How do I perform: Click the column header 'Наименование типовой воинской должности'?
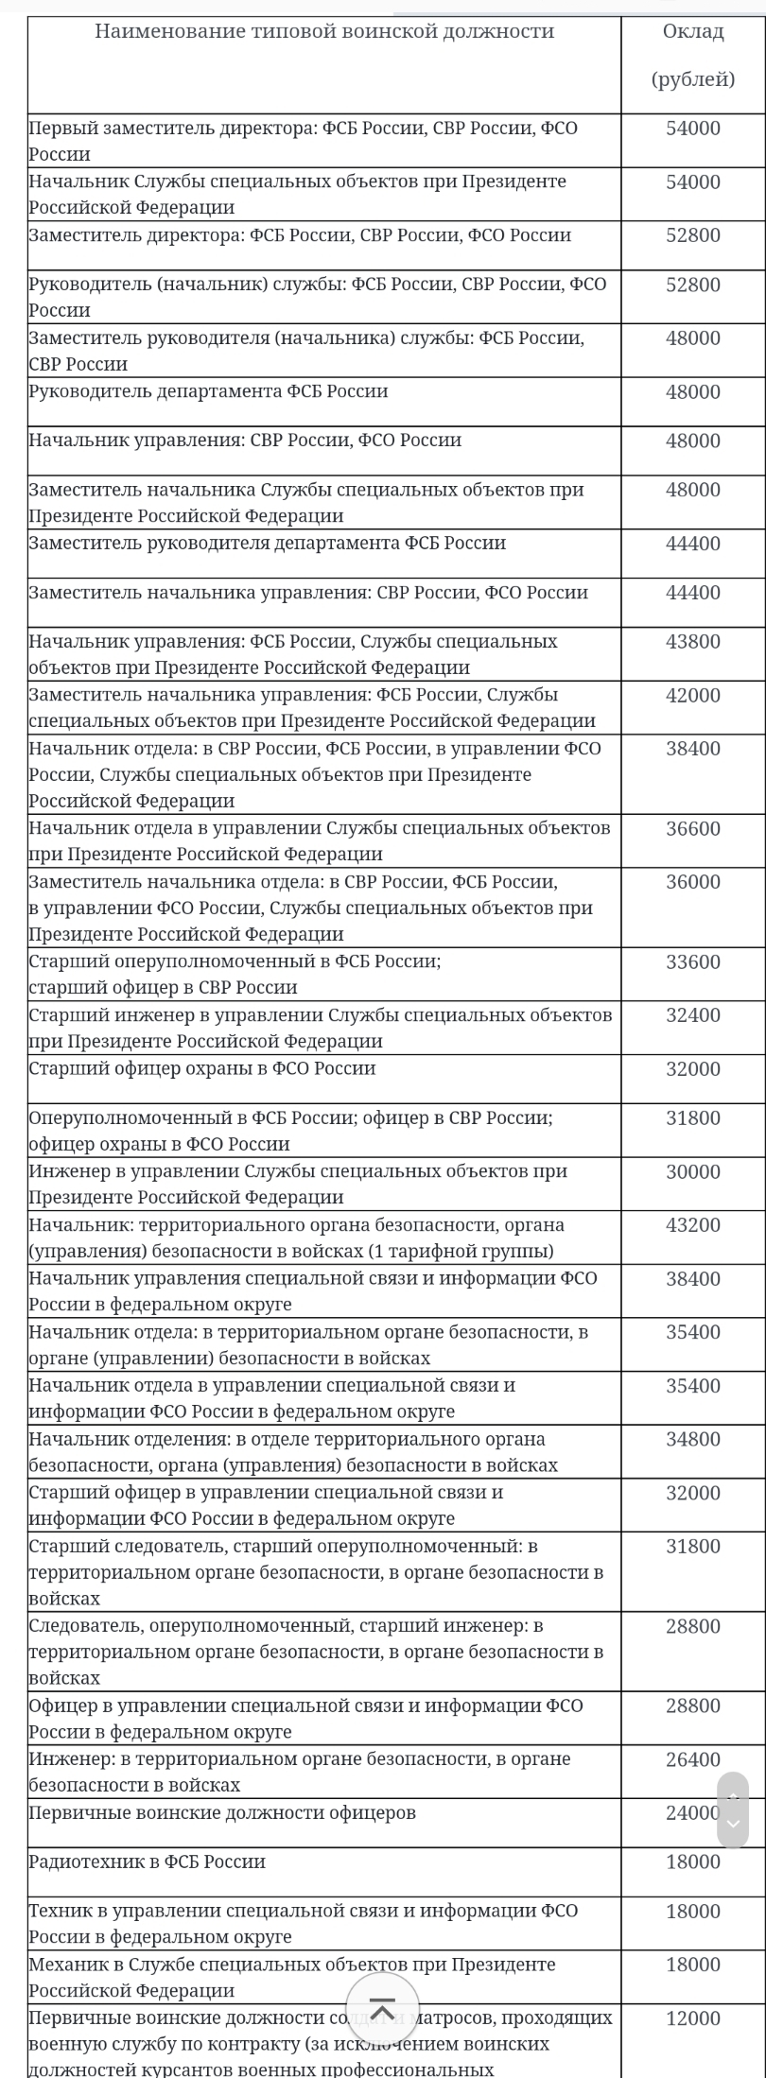[x=323, y=32]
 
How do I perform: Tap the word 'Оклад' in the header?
[x=692, y=32]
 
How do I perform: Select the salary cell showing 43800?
[x=692, y=642]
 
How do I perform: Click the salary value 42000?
[x=692, y=696]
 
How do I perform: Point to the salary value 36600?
[x=692, y=829]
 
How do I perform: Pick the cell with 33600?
[x=692, y=962]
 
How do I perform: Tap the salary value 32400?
[x=692, y=1016]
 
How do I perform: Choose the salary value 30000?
[x=692, y=1172]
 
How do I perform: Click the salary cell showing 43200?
[x=692, y=1225]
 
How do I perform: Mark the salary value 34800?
[x=692, y=1440]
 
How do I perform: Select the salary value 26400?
[x=692, y=1760]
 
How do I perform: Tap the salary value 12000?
[x=692, y=2018]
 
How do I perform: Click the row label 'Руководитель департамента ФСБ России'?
[x=208, y=391]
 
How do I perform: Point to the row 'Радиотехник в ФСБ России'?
[x=147, y=1862]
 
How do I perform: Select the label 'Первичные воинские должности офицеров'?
[x=222, y=1813]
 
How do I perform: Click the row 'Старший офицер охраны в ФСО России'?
[x=202, y=1069]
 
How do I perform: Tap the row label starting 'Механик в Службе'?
[x=292, y=1965]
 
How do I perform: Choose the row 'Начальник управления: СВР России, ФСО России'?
[x=245, y=441]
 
